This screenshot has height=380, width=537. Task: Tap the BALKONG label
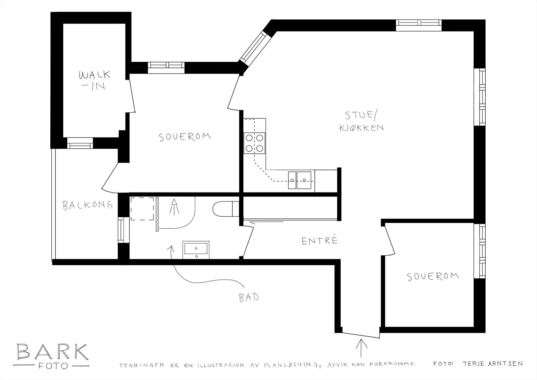tap(87, 205)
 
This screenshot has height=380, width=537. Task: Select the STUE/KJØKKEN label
tap(361, 122)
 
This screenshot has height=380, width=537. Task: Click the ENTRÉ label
tap(319, 240)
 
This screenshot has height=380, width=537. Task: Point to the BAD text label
tap(249, 297)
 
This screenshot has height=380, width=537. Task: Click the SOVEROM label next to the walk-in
tap(185, 137)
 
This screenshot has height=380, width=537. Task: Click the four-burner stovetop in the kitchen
tap(255, 143)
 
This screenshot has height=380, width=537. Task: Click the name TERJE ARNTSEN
tap(492, 364)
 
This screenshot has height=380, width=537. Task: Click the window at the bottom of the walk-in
tap(80, 143)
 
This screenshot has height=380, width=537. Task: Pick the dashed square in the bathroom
tap(142, 209)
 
